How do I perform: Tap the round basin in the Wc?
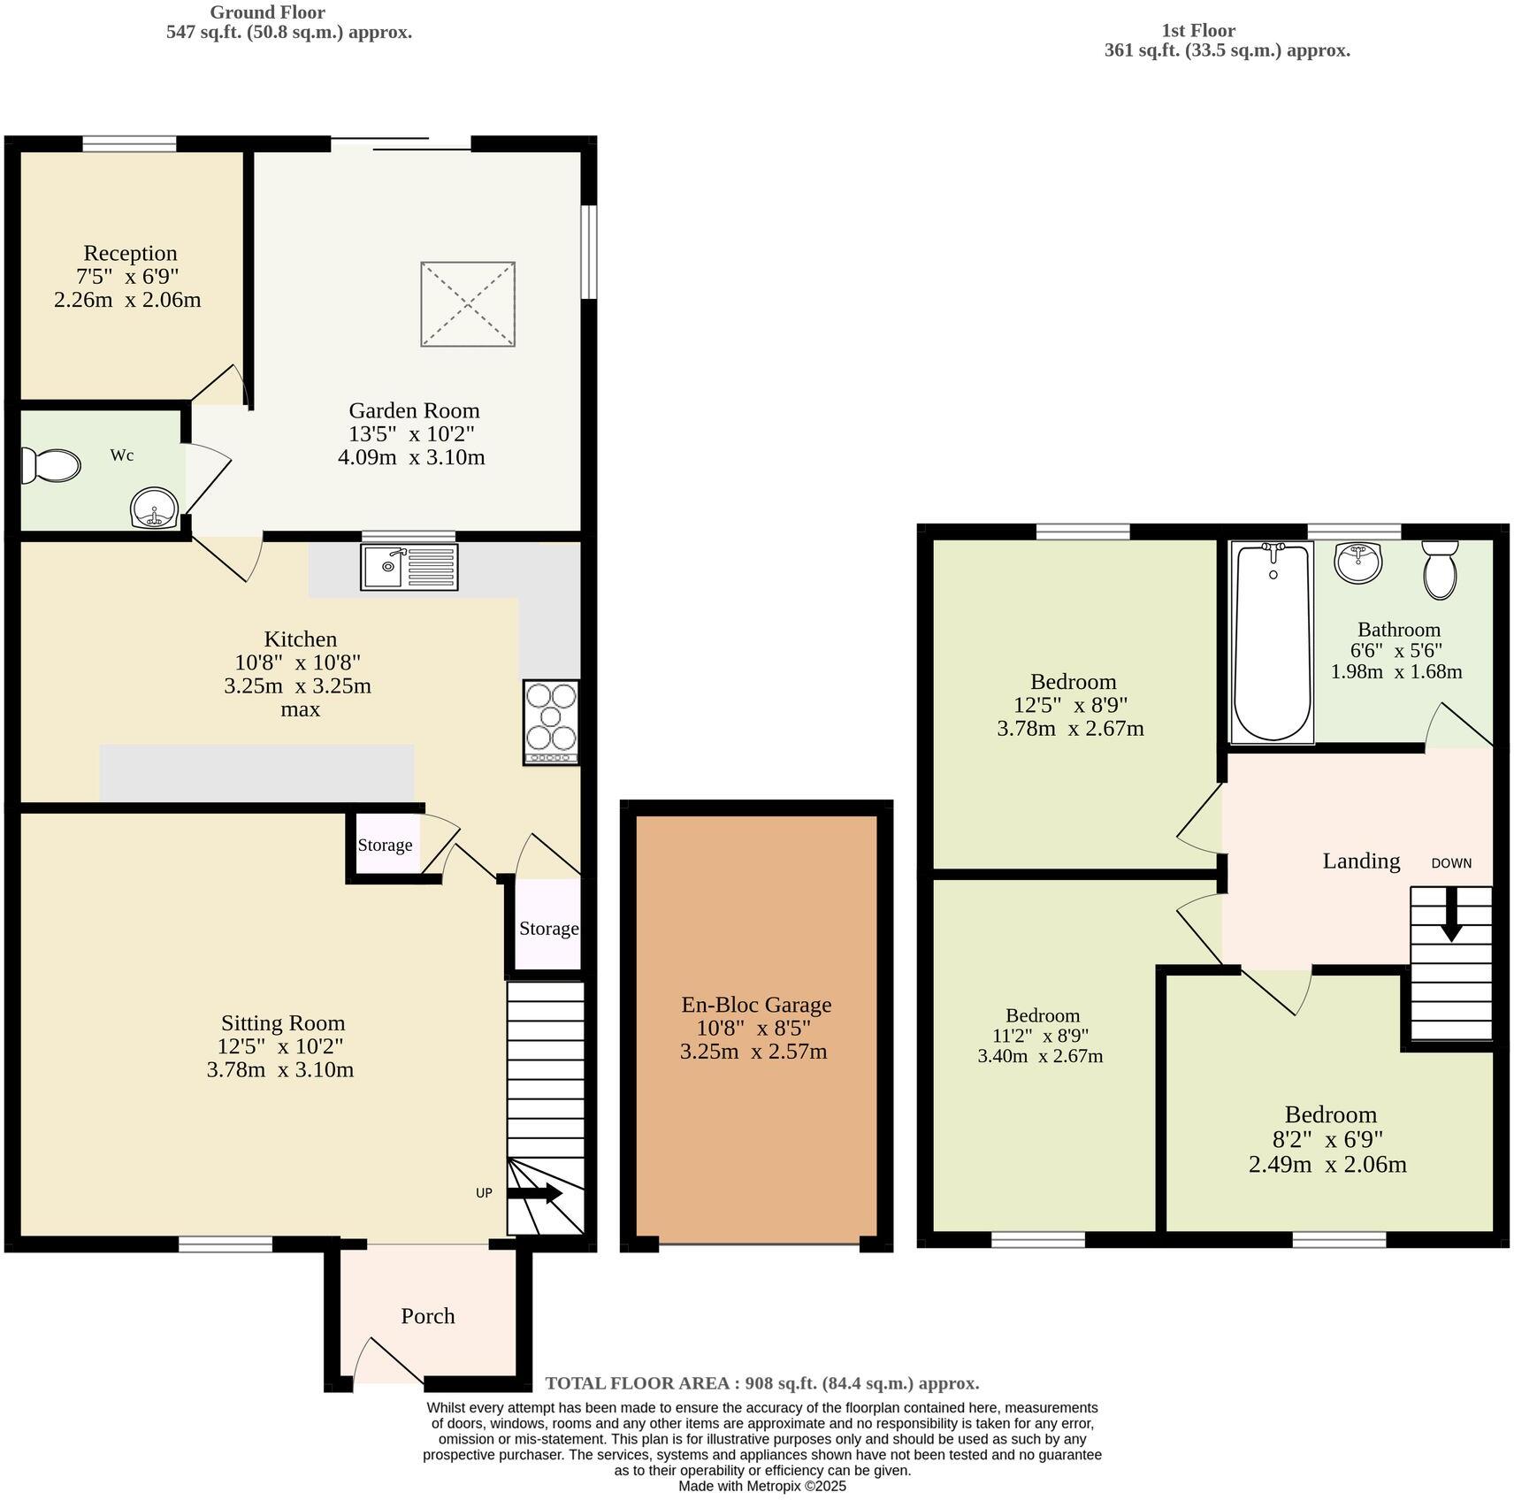(154, 509)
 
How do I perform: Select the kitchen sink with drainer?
(409, 567)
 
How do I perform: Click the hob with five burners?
(551, 722)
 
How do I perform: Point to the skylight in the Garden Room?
(468, 303)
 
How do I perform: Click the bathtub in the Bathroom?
(1273, 642)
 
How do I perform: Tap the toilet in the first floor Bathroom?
(1441, 570)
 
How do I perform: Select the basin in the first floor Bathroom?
(1358, 562)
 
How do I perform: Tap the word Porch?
(428, 1316)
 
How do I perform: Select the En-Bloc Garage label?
(756, 1005)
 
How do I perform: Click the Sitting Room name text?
(283, 1023)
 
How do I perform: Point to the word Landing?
(1361, 861)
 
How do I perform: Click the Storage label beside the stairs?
(548, 928)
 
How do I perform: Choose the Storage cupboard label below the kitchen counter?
(385, 845)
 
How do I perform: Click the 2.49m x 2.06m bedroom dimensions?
(1327, 1164)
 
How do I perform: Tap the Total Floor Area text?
(761, 1383)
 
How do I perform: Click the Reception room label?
(131, 253)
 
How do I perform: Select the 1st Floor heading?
(1198, 30)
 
